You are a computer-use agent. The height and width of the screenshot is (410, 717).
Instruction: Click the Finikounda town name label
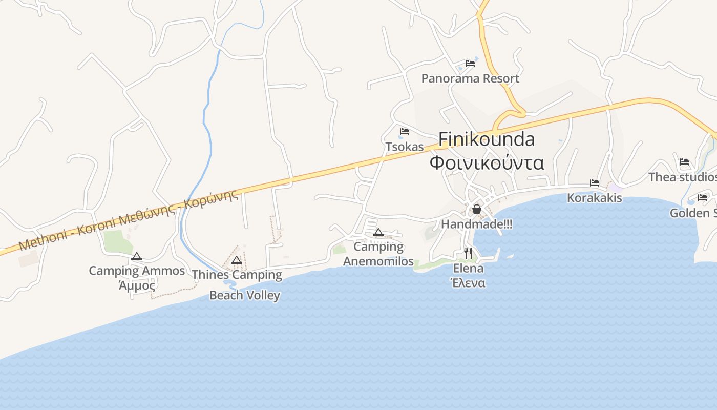tap(487, 139)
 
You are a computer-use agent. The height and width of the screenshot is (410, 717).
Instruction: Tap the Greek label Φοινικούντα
tap(487, 162)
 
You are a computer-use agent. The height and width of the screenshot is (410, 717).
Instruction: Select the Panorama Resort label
tap(470, 78)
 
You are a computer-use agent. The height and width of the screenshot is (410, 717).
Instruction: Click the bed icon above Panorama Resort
tap(470, 64)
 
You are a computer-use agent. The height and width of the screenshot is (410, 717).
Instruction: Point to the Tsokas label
tap(405, 147)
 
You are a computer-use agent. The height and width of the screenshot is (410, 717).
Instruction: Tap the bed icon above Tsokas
tap(405, 132)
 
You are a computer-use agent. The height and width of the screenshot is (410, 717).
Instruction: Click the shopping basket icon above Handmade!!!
tap(477, 209)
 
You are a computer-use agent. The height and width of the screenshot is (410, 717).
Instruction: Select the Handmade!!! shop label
tap(477, 224)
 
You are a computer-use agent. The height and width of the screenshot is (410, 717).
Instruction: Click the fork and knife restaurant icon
tap(468, 253)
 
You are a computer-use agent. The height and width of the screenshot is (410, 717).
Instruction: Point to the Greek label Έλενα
tap(468, 282)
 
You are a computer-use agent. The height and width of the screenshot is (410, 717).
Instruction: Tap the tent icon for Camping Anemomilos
tap(378, 233)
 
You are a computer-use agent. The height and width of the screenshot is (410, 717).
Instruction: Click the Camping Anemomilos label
tap(378, 254)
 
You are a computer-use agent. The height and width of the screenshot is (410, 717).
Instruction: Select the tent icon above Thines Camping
tap(236, 260)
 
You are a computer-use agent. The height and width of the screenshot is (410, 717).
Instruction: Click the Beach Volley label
tap(245, 295)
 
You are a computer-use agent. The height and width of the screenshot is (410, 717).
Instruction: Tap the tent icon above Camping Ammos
tap(137, 256)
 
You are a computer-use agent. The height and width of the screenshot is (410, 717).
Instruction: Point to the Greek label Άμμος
tap(137, 285)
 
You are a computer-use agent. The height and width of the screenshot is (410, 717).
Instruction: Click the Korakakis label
tap(594, 198)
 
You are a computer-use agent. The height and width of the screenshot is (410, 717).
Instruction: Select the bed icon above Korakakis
tap(595, 182)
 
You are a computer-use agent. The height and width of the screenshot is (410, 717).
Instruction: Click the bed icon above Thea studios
tap(684, 162)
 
